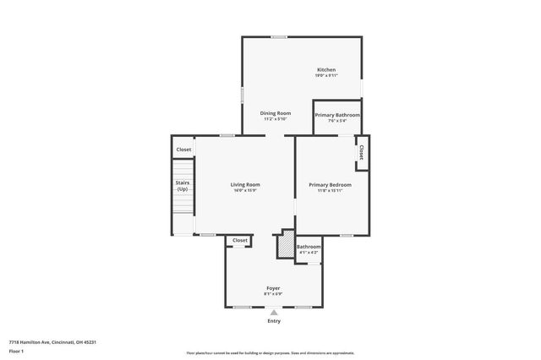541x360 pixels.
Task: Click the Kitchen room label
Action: click(326, 69)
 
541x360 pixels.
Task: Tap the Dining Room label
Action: click(276, 113)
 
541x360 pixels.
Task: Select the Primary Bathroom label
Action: click(337, 115)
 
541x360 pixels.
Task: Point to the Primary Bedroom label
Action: click(330, 184)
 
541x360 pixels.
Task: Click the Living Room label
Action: click(245, 184)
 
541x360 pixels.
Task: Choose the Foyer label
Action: click(273, 288)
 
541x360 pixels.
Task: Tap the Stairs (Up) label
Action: click(182, 186)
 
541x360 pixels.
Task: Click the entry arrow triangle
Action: click(274, 312)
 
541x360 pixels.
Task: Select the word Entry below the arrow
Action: click(274, 321)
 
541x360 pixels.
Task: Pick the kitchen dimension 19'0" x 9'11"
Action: click(326, 76)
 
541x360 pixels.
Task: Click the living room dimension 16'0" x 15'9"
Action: click(245, 191)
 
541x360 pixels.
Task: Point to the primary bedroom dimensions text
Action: click(330, 191)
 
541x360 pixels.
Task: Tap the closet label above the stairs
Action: click(183, 150)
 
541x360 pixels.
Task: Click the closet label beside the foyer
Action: click(240, 240)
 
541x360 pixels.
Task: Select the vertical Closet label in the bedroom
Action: click(361, 152)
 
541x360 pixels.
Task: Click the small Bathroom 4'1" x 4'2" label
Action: click(308, 249)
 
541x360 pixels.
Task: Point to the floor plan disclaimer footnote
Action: click(270, 353)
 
